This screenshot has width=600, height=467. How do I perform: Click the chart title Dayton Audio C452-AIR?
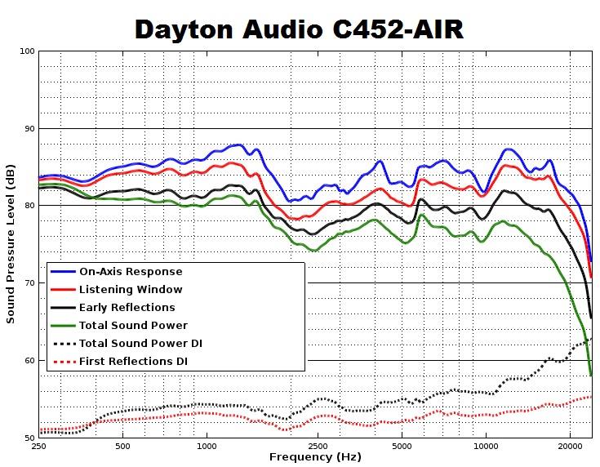299,29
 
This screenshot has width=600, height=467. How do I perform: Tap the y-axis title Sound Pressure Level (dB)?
11,244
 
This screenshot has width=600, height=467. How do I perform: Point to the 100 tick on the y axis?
27,51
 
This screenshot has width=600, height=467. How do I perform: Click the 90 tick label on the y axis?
29,129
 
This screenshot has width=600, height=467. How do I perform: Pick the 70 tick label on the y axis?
29,283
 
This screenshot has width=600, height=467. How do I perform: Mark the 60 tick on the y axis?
29,360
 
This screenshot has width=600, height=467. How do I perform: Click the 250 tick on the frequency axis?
38,447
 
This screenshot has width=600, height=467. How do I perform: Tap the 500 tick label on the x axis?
122,447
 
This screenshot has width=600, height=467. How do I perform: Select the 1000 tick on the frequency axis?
207,447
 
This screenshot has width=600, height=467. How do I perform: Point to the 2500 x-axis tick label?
318,447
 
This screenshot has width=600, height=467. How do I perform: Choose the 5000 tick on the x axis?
402,447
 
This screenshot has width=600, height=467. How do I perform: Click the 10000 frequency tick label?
486,447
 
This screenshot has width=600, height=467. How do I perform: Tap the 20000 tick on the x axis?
570,447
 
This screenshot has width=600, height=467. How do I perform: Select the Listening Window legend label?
131,290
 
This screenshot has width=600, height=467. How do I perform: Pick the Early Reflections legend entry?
127,308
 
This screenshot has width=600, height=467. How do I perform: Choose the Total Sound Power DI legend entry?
140,344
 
